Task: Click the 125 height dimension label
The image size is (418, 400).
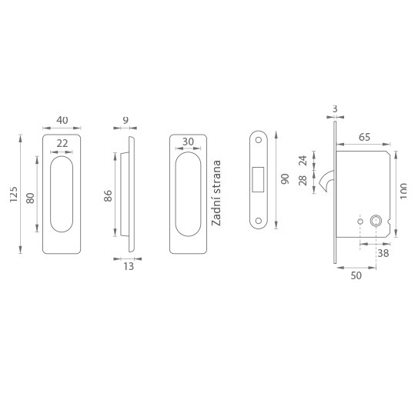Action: coord(14,194)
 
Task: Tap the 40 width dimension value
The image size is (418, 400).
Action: coord(62,120)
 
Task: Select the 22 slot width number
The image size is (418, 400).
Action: coord(62,144)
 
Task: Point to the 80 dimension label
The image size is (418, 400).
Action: coord(30,198)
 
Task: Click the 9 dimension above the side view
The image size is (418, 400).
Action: coord(125,120)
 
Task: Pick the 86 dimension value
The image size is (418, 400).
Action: coord(108,195)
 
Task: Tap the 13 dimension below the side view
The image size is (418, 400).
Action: coord(129,266)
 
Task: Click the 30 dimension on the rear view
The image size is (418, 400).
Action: coord(188,142)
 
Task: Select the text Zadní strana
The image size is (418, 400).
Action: coord(216,193)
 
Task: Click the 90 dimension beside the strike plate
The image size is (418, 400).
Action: coord(285,178)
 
